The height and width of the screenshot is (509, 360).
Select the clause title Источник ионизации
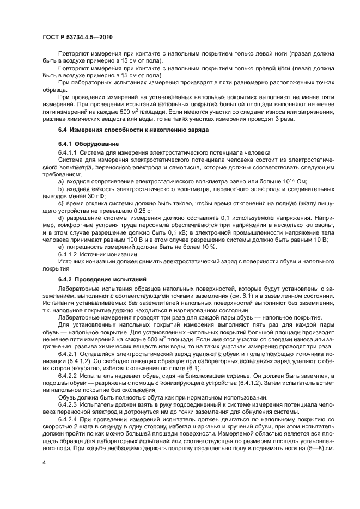pos(106,254)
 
